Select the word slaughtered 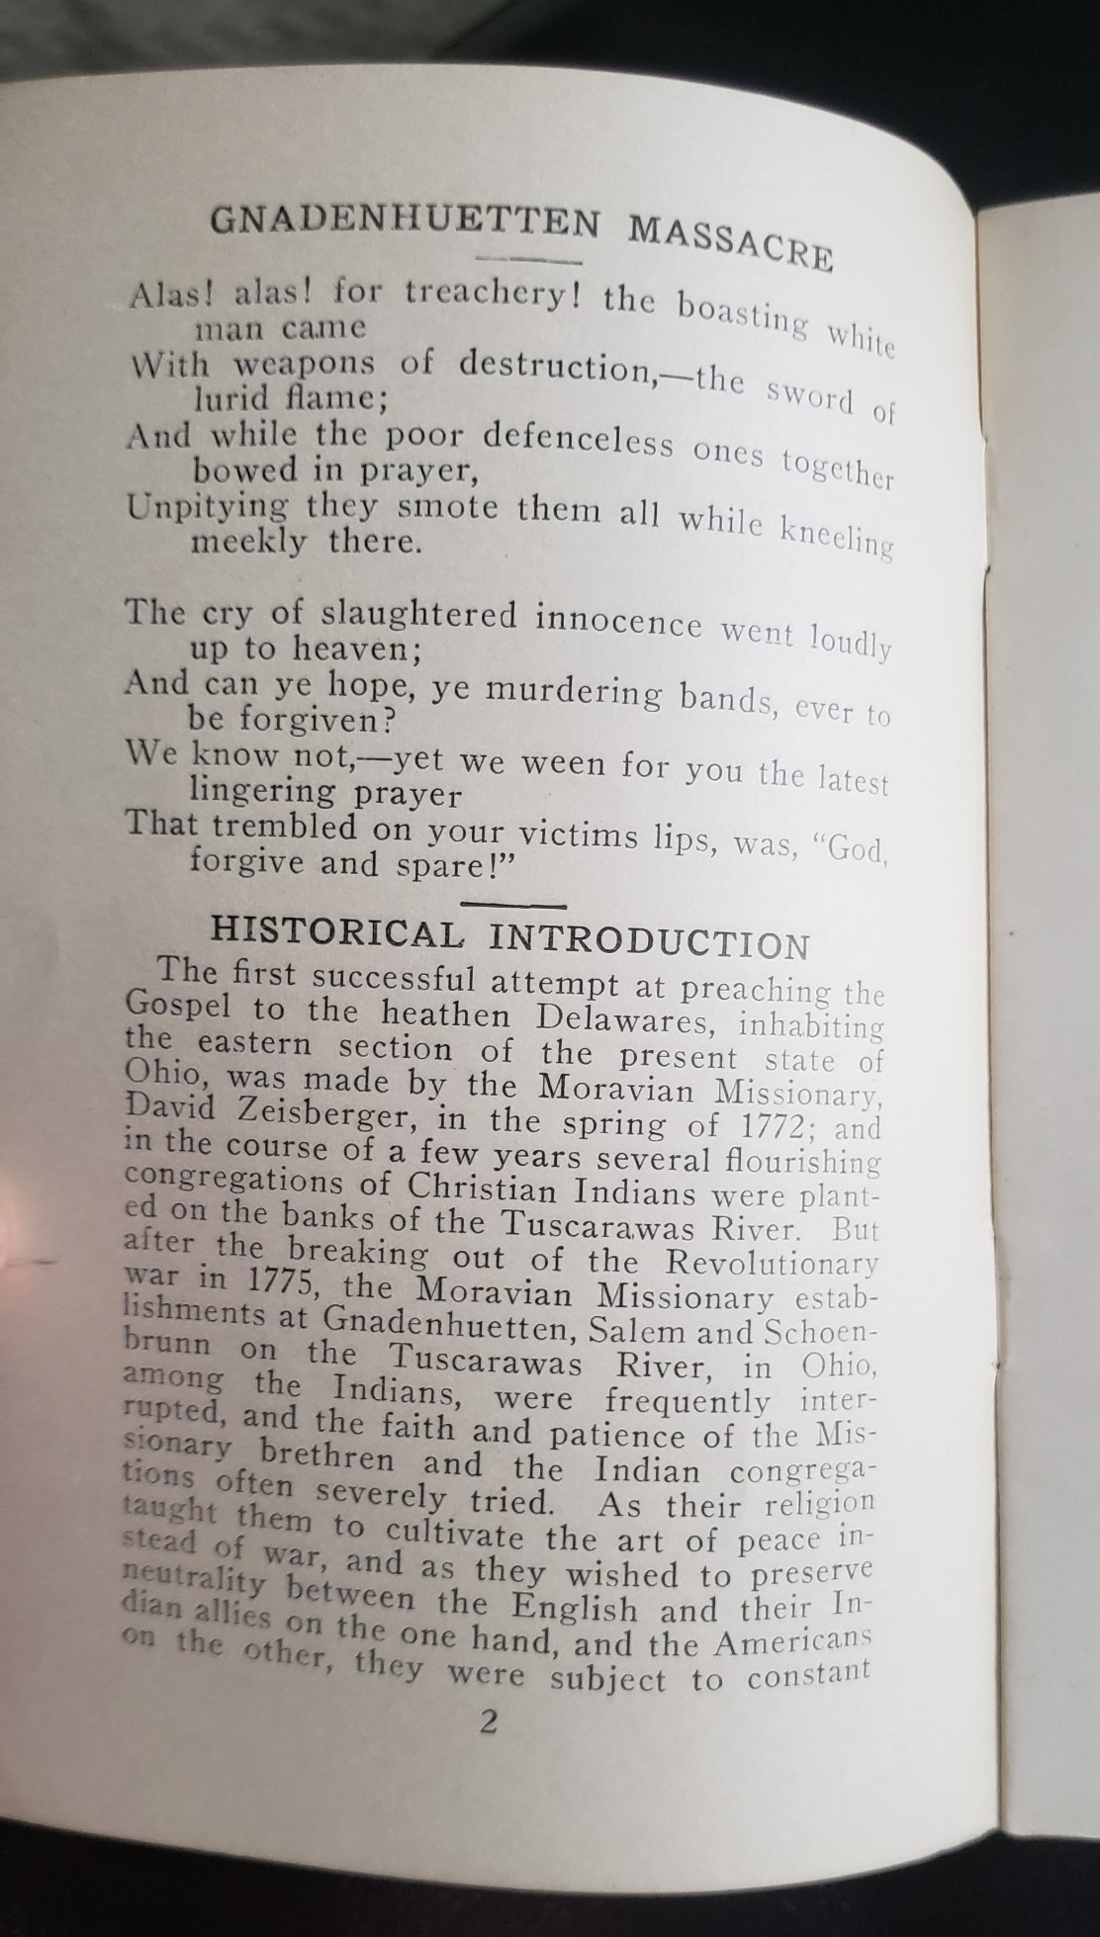click(420, 615)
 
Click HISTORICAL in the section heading click(337, 931)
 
